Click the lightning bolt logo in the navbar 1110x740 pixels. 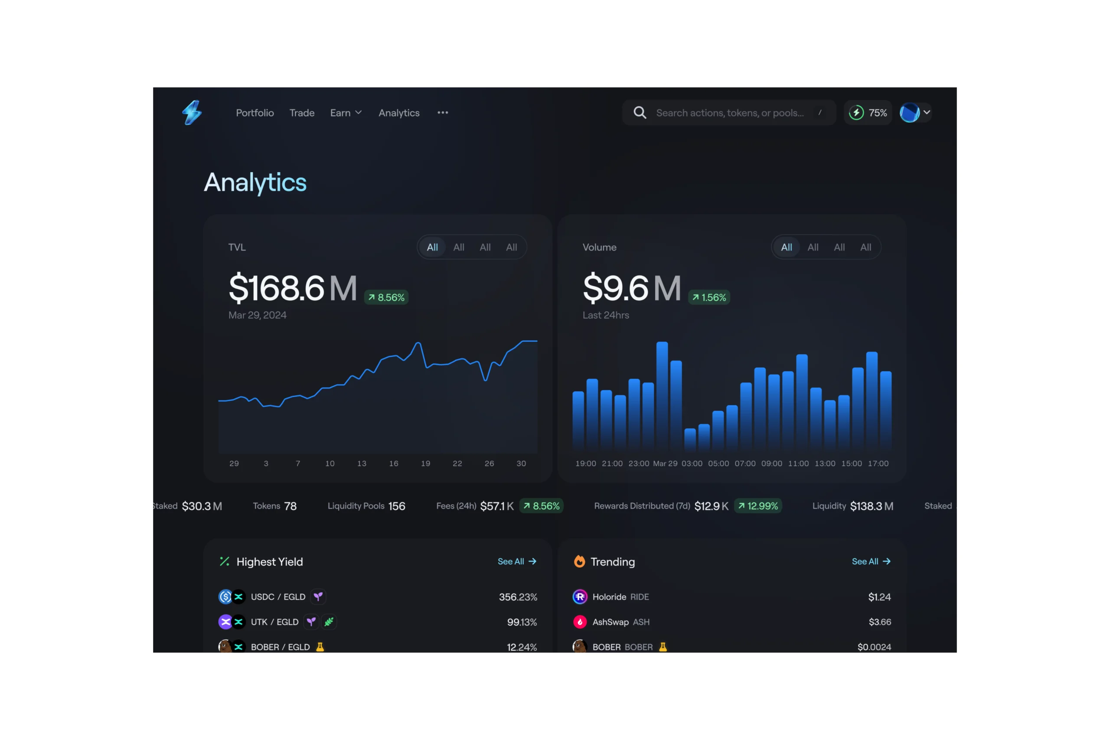[192, 112]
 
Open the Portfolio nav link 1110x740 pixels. [255, 113]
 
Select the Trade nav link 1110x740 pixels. [302, 113]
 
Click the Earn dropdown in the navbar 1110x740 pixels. [346, 113]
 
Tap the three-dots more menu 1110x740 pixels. [443, 113]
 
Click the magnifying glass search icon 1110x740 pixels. [640, 113]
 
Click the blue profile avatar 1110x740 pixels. [909, 113]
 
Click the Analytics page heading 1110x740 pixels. [255, 183]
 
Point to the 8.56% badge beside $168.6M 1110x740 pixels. [386, 297]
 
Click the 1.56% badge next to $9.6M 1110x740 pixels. [709, 297]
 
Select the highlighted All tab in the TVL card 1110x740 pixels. [432, 247]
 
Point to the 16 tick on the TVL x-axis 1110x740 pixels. [394, 463]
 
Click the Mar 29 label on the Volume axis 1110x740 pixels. [665, 463]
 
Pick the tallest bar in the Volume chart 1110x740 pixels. [662, 394]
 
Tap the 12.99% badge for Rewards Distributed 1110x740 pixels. [757, 506]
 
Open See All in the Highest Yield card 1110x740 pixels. [517, 561]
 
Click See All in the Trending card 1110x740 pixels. [871, 561]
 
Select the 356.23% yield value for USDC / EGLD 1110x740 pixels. [518, 597]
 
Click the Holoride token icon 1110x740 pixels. [580, 597]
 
